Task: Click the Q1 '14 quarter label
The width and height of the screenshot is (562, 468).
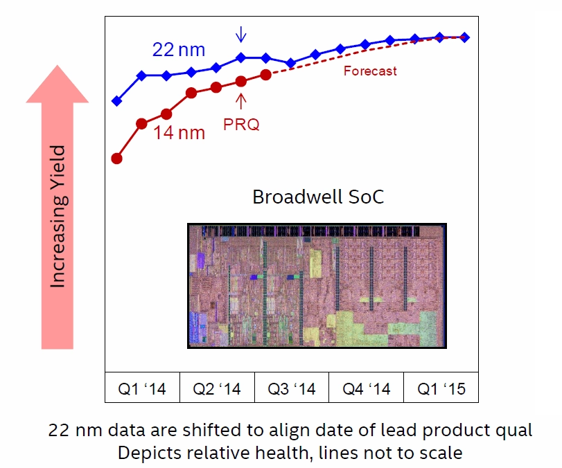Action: (x=142, y=389)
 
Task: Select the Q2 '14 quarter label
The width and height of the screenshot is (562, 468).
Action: (x=217, y=389)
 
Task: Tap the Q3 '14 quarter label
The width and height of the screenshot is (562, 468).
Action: (x=292, y=389)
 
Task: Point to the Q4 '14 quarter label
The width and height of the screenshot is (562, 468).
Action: (x=367, y=389)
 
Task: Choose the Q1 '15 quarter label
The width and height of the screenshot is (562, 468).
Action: (x=441, y=389)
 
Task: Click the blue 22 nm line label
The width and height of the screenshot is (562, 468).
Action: (x=179, y=49)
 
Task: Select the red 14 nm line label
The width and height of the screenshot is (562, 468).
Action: (x=179, y=132)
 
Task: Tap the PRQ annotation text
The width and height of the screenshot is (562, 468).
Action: (x=241, y=124)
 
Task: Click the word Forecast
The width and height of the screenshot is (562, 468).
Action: (x=370, y=71)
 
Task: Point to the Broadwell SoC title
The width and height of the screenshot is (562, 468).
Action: (x=318, y=197)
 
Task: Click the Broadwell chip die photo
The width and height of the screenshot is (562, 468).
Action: (x=317, y=286)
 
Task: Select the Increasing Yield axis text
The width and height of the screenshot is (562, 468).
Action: (x=58, y=216)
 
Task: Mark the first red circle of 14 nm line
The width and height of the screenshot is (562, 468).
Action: (x=117, y=159)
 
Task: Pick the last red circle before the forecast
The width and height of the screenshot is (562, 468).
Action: (x=266, y=75)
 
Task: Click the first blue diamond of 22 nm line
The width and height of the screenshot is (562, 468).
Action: (x=117, y=101)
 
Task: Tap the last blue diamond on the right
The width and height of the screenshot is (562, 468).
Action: (x=464, y=37)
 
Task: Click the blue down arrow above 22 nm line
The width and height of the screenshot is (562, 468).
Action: (x=241, y=35)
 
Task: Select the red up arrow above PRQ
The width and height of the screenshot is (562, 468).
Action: (x=241, y=101)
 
